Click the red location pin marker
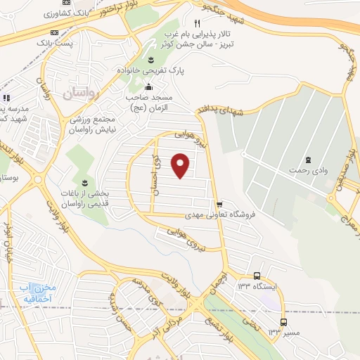[x=181, y=166]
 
